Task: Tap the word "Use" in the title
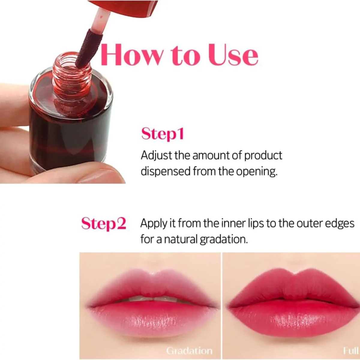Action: pos(233,55)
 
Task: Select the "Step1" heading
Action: pos(162,134)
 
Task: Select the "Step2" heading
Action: pos(103,223)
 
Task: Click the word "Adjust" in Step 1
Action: pos(156,155)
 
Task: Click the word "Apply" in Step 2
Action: pos(153,224)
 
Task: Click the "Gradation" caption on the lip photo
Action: pos(189,350)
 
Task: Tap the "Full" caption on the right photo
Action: pos(351,350)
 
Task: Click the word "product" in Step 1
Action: pos(263,155)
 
